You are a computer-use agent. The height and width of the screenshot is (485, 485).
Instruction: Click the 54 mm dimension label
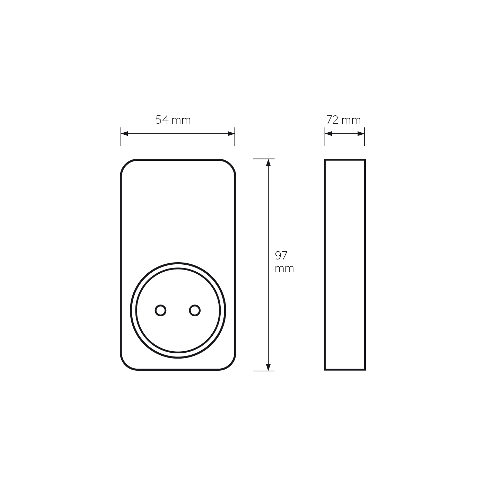pyautogui.click(x=173, y=120)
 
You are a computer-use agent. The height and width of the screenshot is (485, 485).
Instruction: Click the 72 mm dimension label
pyautogui.click(x=344, y=120)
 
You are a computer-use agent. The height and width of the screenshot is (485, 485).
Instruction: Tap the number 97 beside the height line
pyautogui.click(x=281, y=255)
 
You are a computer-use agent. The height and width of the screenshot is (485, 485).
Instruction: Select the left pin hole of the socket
pyautogui.click(x=160, y=310)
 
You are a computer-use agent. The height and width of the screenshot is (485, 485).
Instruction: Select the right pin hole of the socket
pyautogui.click(x=195, y=310)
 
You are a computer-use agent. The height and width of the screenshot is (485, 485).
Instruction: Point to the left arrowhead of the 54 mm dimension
pyautogui.click(x=124, y=134)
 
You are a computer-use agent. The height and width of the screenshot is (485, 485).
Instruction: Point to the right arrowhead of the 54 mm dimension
pyautogui.click(x=231, y=134)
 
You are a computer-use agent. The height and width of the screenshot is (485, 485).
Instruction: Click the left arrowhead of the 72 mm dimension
pyautogui.click(x=328, y=134)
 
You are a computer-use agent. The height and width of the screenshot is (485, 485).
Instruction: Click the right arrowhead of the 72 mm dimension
pyautogui.click(x=361, y=134)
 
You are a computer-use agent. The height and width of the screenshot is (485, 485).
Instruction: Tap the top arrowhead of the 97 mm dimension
pyautogui.click(x=268, y=162)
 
